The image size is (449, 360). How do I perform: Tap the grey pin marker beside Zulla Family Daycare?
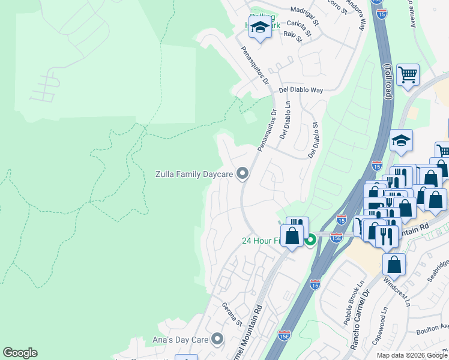[243, 174]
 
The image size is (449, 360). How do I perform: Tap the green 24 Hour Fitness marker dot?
[310, 241]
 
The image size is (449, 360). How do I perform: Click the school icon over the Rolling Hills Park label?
[260, 28]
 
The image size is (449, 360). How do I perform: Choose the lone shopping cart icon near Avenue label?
[408, 75]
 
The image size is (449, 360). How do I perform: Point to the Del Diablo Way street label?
[301, 89]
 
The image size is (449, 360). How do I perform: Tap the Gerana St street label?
[232, 314]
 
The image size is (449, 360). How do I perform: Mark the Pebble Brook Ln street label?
[355, 309]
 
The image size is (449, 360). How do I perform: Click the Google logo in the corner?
[20, 353]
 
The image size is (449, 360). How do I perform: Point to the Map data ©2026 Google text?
[412, 355]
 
